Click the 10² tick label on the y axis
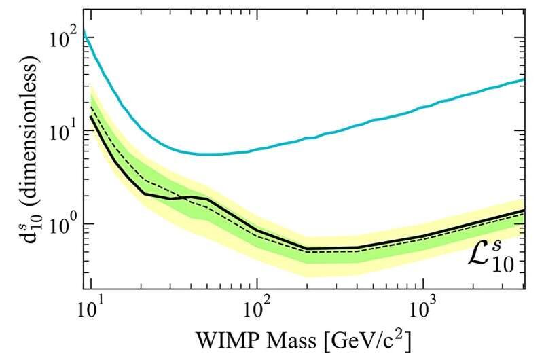[x=61, y=39]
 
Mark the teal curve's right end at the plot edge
[x=523, y=79]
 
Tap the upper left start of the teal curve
[x=83, y=31]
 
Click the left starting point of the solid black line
[x=90, y=116]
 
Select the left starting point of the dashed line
[x=90, y=106]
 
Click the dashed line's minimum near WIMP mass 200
[x=307, y=251]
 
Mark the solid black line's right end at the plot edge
[x=523, y=210]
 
